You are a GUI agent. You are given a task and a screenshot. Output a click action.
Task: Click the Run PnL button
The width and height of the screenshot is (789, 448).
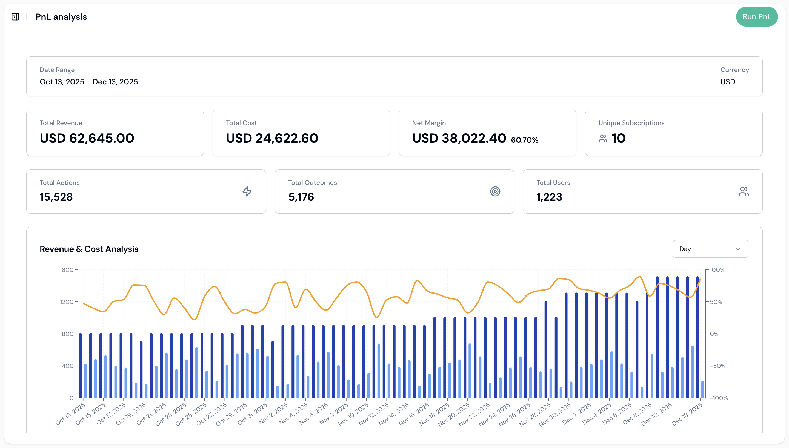(756, 17)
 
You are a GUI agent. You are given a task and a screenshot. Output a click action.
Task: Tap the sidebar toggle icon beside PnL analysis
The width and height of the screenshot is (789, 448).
(15, 17)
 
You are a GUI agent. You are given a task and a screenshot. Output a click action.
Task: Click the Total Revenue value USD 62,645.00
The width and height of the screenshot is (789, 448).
(87, 138)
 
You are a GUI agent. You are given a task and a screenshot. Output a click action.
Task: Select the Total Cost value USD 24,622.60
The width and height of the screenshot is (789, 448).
(272, 138)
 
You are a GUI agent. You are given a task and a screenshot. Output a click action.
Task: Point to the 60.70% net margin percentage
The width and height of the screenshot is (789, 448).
(524, 140)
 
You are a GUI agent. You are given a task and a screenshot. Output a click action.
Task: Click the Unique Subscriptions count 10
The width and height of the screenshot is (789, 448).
(618, 138)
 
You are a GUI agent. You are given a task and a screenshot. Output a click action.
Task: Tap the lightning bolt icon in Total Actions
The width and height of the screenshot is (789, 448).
(247, 191)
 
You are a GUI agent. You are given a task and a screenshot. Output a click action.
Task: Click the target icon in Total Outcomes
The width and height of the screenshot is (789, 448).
(495, 191)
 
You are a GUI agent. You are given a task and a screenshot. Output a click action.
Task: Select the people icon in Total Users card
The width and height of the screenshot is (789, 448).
(744, 191)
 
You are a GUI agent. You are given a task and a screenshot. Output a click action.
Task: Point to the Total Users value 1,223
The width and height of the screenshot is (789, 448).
(549, 197)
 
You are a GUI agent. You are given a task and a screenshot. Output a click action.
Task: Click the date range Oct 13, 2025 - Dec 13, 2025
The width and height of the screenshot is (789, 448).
(88, 82)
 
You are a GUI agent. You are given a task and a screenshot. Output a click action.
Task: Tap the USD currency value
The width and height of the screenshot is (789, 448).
(727, 82)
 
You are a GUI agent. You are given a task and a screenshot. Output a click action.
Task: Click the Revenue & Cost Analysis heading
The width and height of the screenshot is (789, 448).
(89, 249)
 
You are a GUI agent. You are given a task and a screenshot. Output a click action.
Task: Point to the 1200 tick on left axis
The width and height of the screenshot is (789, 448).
(67, 302)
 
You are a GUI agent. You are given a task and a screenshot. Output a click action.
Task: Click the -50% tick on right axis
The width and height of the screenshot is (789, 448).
(717, 366)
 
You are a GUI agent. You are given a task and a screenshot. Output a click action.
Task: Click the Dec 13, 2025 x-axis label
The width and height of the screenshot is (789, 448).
(687, 414)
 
